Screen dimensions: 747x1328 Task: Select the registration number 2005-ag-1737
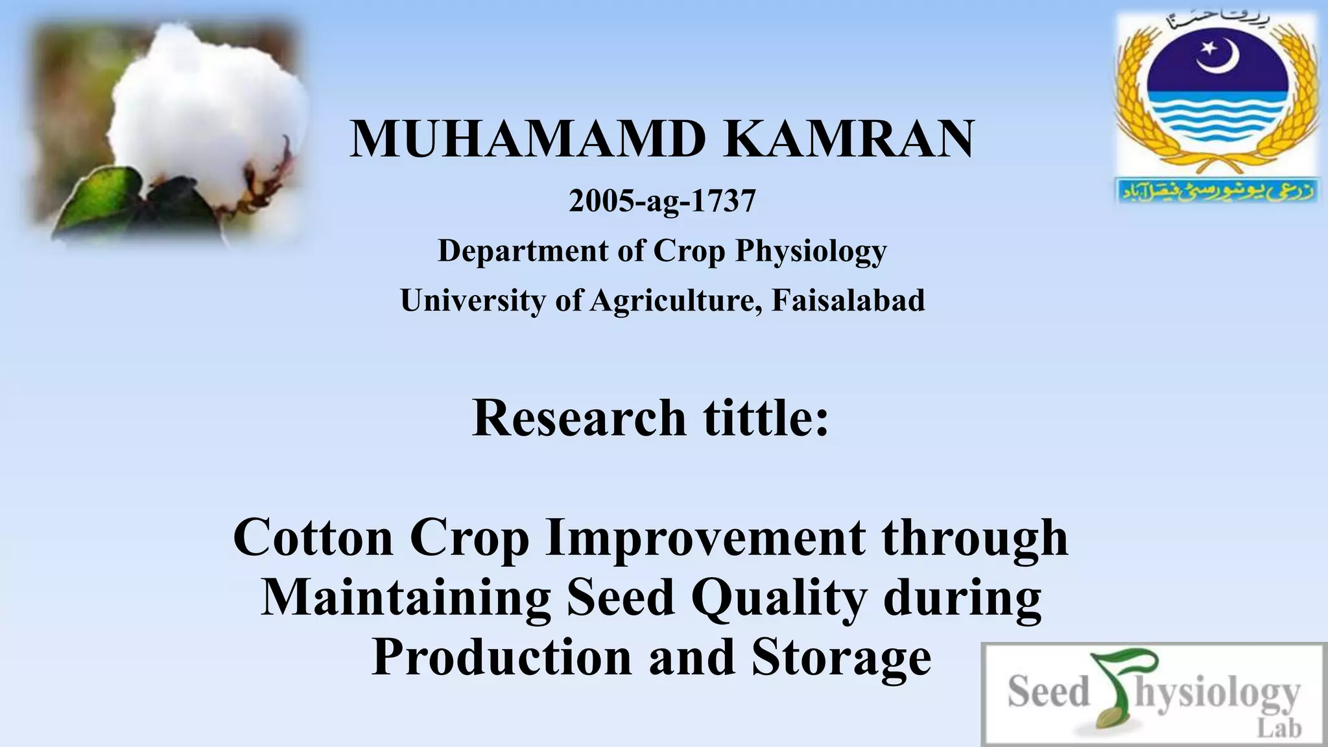[x=662, y=201]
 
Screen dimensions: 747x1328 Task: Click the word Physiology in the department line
[x=811, y=252]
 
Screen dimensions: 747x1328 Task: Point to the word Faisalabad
[x=848, y=300]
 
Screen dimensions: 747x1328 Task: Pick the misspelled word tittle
[x=766, y=418]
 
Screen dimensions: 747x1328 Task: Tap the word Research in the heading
[x=578, y=418]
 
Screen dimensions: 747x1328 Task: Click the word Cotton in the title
[x=313, y=538]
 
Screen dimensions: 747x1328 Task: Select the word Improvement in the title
[x=705, y=538]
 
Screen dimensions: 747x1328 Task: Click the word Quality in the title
[x=779, y=597]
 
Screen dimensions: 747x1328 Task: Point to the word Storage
[x=842, y=657]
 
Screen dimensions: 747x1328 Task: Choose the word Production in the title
[x=502, y=657]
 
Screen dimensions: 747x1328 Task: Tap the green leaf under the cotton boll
[x=104, y=195]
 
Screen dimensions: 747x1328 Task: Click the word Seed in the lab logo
[x=1048, y=692]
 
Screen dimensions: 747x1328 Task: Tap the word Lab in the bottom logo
[x=1279, y=728]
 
